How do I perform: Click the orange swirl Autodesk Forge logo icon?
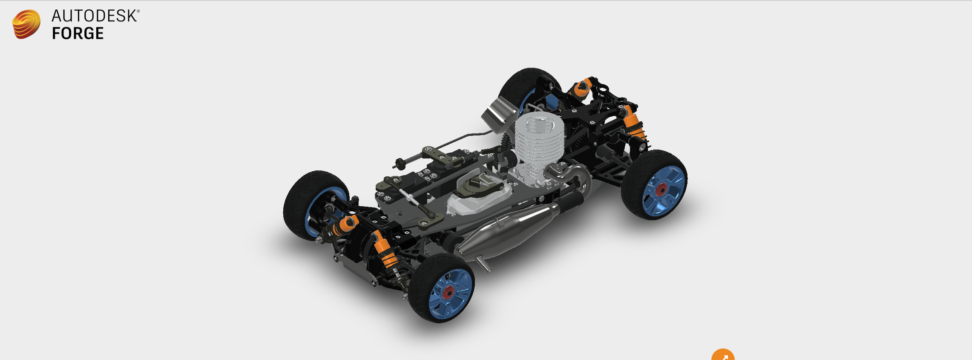coord(26,24)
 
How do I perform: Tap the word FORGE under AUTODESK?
coord(78,34)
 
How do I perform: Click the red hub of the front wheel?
coord(448,292)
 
